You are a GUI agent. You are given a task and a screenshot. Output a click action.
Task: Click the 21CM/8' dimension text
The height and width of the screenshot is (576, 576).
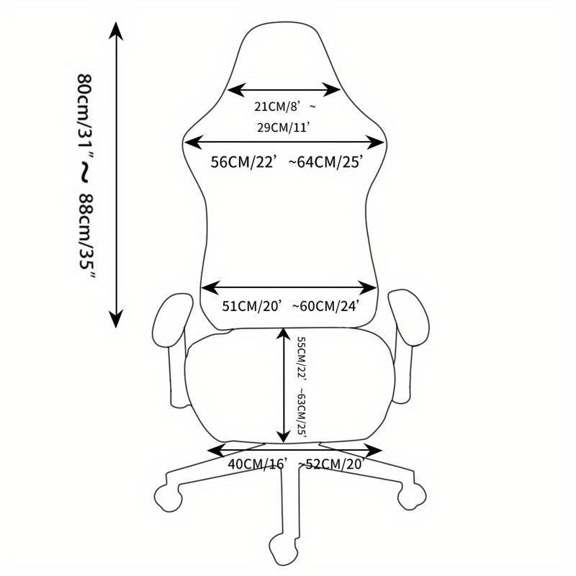(x=277, y=107)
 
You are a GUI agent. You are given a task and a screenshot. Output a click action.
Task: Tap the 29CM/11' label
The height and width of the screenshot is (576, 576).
(x=283, y=128)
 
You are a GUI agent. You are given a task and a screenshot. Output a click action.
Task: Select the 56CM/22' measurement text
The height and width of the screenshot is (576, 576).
(x=243, y=161)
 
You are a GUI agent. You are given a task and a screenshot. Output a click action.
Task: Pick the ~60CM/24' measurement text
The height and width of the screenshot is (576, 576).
(x=325, y=305)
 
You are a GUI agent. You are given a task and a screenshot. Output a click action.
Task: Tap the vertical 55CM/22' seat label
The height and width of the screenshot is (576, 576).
(x=302, y=359)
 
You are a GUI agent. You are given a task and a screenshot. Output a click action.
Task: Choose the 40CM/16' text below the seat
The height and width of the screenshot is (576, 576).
(x=256, y=464)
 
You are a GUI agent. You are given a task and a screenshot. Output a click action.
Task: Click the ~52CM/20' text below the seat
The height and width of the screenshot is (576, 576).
(x=331, y=464)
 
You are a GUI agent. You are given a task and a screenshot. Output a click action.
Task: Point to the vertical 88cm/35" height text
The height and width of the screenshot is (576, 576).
(x=87, y=236)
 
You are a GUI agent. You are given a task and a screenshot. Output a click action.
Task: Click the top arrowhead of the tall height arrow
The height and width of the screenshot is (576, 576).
(x=116, y=31)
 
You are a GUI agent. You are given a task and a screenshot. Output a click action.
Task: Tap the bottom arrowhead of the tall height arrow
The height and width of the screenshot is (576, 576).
(x=116, y=318)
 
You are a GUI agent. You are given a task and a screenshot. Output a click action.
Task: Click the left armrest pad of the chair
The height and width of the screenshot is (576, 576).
(x=172, y=320)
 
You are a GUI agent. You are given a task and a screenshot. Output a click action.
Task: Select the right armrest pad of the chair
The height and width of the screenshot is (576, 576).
(x=408, y=318)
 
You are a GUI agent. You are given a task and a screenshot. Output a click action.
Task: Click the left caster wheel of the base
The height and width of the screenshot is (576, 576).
(x=168, y=498)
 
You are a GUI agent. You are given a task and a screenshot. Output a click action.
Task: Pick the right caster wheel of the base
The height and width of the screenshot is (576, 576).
(x=412, y=496)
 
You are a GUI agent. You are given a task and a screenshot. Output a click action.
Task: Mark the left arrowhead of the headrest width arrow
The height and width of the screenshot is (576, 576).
(x=236, y=89)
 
